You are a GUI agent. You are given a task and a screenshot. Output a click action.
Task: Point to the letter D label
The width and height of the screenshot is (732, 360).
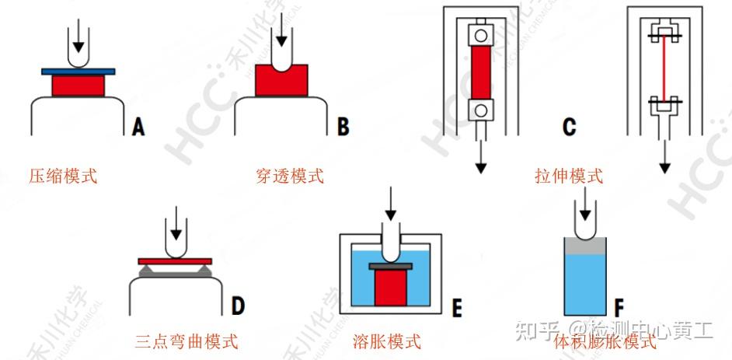click(x=239, y=306)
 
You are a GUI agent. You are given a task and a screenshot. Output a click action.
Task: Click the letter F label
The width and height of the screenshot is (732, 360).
click(x=619, y=306)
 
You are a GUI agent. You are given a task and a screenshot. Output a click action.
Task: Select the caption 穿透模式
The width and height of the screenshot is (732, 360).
click(x=289, y=176)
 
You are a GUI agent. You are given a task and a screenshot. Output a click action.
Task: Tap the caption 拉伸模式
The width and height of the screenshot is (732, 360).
click(x=569, y=176)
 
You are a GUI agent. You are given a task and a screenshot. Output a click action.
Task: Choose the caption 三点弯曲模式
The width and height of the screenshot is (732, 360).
click(x=186, y=341)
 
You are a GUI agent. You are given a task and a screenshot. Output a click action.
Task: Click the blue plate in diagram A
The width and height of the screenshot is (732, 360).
click(x=78, y=72)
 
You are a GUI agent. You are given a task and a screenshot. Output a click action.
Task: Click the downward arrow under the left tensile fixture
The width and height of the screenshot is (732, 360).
click(x=482, y=155)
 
